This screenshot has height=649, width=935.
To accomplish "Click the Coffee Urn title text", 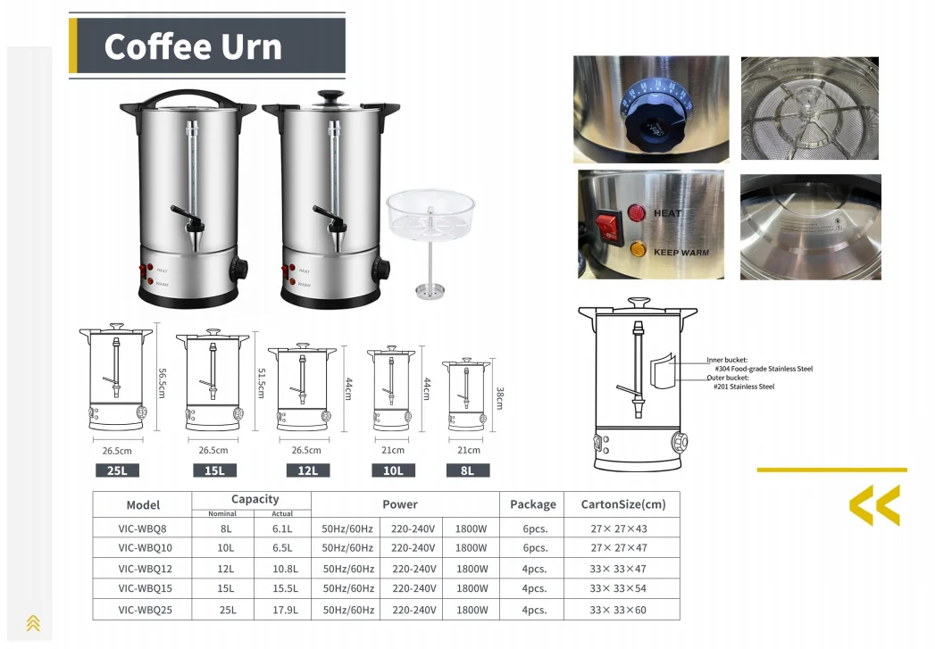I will [x=193, y=46].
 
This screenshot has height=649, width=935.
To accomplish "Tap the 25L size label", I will [x=118, y=470].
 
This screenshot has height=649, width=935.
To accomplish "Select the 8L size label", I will [x=467, y=470].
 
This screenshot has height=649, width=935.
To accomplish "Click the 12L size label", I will [x=307, y=470].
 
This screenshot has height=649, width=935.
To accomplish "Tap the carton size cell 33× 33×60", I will [x=618, y=610].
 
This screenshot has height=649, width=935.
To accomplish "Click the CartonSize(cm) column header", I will [x=622, y=504].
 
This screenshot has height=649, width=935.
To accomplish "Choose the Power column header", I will [x=400, y=504].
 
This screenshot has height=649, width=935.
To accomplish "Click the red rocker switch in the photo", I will [x=609, y=226].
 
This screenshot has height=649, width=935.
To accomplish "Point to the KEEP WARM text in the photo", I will [x=680, y=253].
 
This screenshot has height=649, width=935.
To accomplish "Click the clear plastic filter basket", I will [x=430, y=214].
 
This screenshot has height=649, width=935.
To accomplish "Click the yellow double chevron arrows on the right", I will [x=874, y=505].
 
